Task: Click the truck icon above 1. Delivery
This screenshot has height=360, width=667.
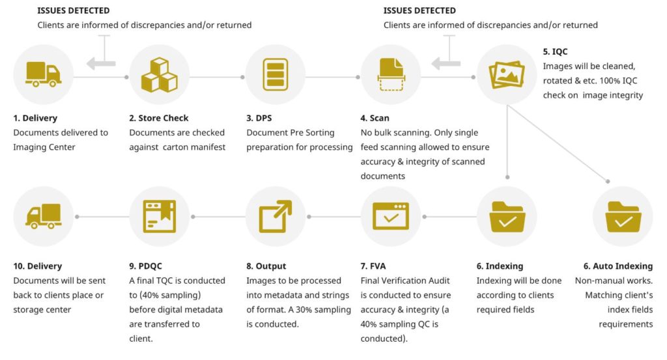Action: pos(43,74)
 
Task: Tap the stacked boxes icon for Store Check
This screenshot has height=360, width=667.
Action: pos(160,74)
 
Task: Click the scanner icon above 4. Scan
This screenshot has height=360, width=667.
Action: pos(391,74)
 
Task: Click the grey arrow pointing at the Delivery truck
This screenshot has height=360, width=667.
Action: pos(101,63)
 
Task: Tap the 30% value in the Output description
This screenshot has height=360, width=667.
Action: pos(309,309)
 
